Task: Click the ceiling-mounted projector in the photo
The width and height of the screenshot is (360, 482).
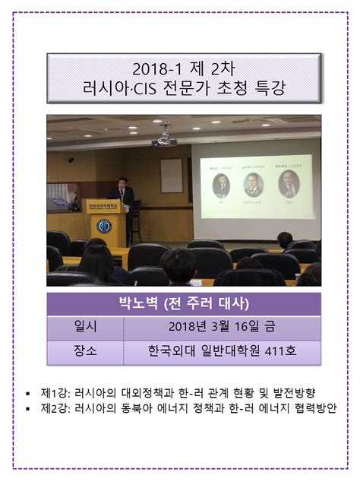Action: click(164, 139)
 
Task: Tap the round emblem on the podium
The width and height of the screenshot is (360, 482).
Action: click(104, 225)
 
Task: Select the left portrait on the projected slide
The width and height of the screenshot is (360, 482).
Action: click(221, 185)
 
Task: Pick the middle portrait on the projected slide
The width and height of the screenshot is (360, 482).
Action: click(254, 184)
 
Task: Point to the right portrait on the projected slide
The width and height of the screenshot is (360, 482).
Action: click(289, 182)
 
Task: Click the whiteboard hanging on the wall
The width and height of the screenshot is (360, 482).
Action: click(172, 175)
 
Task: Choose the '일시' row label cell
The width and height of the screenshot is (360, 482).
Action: click(85, 328)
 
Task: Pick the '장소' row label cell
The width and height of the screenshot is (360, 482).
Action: click(85, 352)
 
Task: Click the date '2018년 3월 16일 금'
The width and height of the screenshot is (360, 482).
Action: click(221, 328)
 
